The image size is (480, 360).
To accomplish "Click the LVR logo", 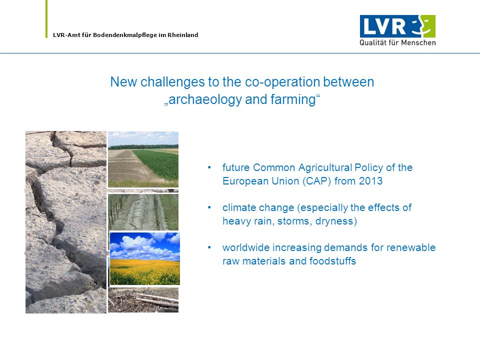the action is point(397,30).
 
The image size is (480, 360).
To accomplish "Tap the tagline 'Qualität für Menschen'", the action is point(397,42).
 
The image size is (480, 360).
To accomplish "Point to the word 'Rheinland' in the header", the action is point(183,35).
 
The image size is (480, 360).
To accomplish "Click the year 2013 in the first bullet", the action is point(370,181).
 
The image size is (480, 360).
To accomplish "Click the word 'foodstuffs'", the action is point(332,261).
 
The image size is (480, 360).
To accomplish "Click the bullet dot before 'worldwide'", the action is point(209,247).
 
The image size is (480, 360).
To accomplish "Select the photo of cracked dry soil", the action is point(66,222).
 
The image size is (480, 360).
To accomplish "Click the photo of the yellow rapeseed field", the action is point(145,258).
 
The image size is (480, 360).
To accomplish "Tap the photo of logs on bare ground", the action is point(143,300).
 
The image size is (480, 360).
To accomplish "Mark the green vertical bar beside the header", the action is point(46,19).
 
